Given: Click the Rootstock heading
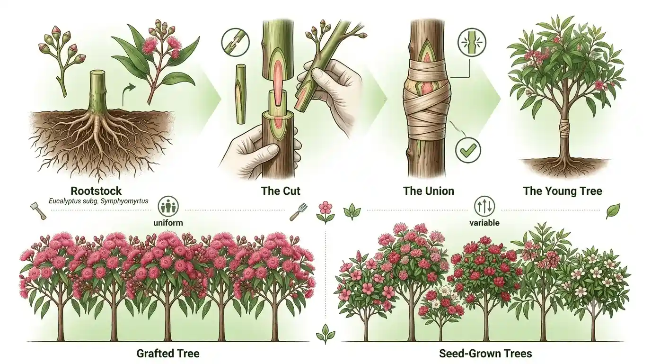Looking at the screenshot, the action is click(96, 191).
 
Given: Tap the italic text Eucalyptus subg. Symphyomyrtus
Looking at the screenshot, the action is click(98, 201).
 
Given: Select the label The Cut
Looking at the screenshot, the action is click(281, 191).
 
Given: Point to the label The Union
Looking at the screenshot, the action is click(428, 191).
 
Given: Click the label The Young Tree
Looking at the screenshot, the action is click(563, 191).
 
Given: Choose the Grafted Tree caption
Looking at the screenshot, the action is click(168, 354).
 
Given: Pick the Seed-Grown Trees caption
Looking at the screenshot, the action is click(485, 354).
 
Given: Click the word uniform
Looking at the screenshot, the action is click(168, 223).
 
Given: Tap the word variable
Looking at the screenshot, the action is click(484, 223).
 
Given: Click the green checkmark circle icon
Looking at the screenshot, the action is click(468, 150).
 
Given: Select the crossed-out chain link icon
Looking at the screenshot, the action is click(236, 43).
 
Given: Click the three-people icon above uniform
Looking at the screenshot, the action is click(168, 207).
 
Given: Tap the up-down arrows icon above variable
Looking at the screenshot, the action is click(484, 206).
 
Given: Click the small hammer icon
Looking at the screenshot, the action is click(38, 210).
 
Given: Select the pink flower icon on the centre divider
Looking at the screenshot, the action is click(325, 212).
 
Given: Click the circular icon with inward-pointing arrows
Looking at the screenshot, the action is click(472, 43).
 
